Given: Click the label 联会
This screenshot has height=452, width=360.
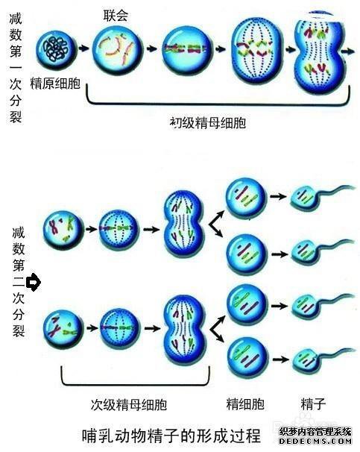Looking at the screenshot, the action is click(116, 16).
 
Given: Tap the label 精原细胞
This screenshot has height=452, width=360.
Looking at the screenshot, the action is click(55, 84).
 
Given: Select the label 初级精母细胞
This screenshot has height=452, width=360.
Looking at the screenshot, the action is click(208, 123).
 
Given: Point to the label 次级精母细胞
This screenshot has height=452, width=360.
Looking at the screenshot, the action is click(129, 405).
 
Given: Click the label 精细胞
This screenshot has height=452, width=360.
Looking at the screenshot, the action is click(245, 404).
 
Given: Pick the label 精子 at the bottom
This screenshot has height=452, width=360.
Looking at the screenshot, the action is click(313, 404).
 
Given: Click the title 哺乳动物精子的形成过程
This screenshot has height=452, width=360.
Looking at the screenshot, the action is click(171, 436).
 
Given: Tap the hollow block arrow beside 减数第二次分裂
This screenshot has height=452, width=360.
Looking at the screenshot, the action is click(34, 282).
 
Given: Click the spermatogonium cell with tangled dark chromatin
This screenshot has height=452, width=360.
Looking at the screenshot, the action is click(57, 49).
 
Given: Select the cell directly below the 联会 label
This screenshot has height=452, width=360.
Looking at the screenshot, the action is click(117, 48).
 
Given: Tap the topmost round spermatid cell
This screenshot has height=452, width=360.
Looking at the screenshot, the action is click(246, 198).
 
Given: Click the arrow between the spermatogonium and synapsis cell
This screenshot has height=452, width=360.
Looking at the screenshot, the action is click(83, 48).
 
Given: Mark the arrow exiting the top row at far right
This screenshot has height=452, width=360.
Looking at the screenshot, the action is click(348, 51).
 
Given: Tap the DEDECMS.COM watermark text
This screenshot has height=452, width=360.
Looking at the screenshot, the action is click(315, 441).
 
